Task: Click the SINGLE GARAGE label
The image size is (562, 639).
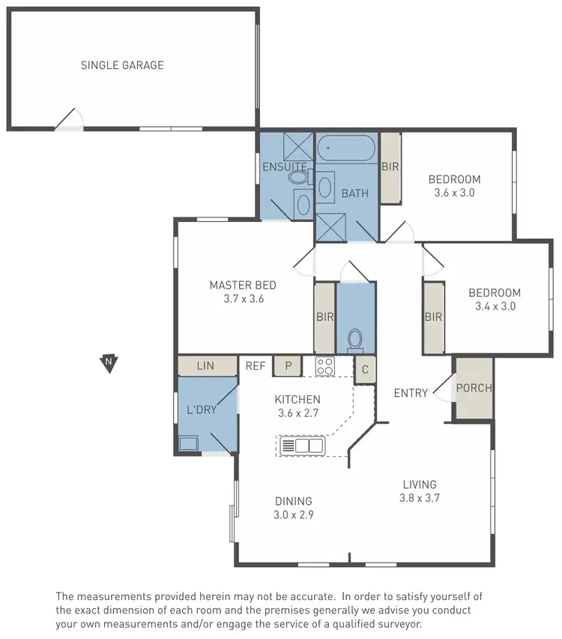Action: [x=122, y=65]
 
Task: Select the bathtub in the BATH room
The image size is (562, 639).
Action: [x=346, y=150]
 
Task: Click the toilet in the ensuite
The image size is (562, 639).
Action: [x=298, y=178]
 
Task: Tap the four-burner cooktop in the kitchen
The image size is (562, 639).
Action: [x=324, y=366]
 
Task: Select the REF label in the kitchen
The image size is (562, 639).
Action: [x=256, y=366]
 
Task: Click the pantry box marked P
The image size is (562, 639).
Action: [x=287, y=366]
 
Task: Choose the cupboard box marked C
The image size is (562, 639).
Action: [x=364, y=369]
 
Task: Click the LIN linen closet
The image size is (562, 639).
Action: [x=205, y=366]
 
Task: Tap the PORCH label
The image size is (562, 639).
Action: [x=474, y=388]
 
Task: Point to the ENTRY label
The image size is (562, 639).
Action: [x=411, y=393]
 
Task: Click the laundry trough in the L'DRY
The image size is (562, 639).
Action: [x=188, y=443]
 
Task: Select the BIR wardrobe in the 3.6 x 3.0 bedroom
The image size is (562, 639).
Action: [x=390, y=167]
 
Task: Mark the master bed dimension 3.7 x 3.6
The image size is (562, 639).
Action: [x=243, y=298]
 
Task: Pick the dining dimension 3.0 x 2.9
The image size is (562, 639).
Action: [x=294, y=514]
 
